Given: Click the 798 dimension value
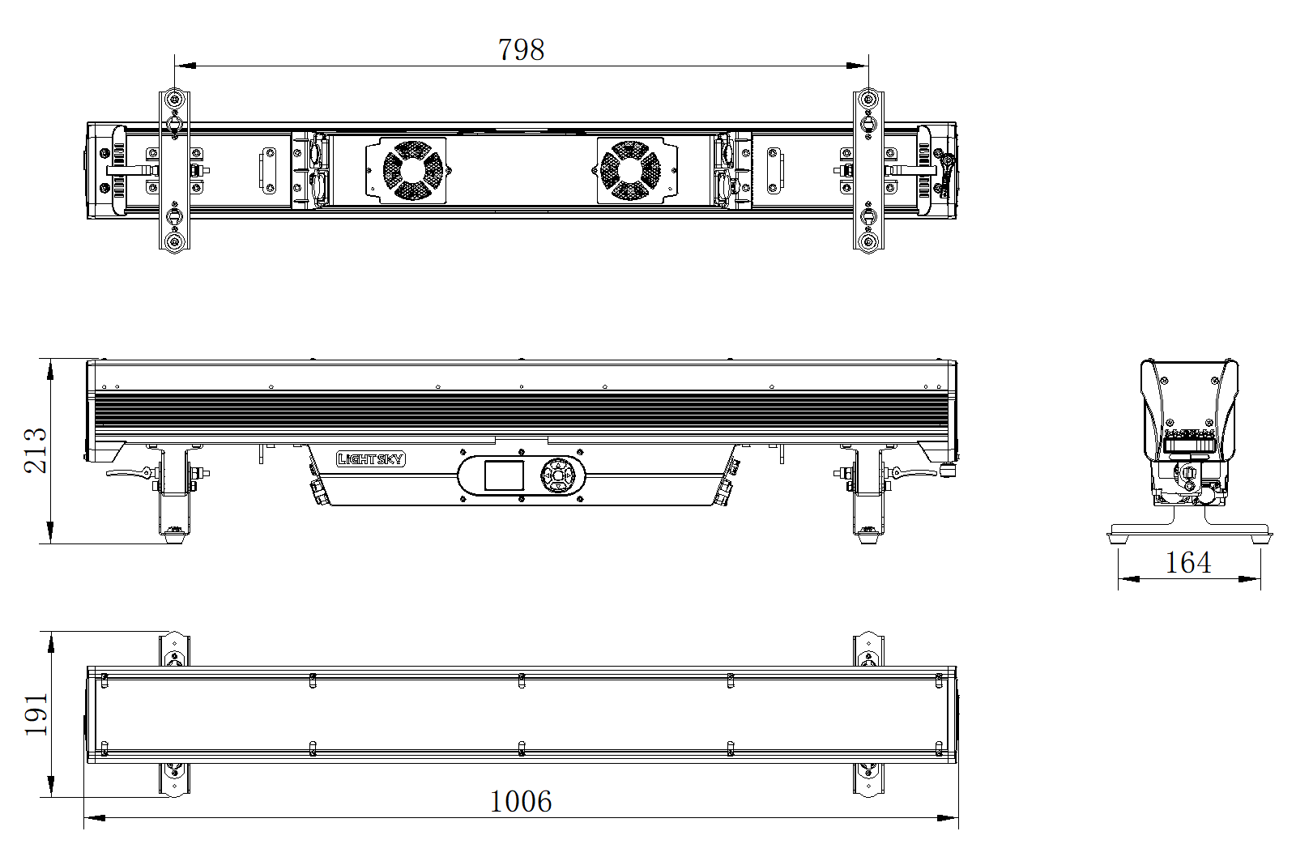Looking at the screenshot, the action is (522, 49).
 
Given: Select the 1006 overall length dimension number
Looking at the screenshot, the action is (521, 801).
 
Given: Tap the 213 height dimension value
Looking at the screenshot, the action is (36, 451).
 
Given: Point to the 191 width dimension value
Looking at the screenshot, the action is (36, 714).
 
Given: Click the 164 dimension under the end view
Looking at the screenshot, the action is (1187, 562).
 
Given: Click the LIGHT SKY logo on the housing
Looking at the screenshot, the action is (371, 459).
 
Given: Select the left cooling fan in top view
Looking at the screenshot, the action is (412, 171).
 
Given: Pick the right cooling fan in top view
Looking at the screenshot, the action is (630, 171).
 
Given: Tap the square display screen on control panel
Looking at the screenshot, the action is (503, 475).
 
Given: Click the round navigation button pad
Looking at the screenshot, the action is (557, 475).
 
